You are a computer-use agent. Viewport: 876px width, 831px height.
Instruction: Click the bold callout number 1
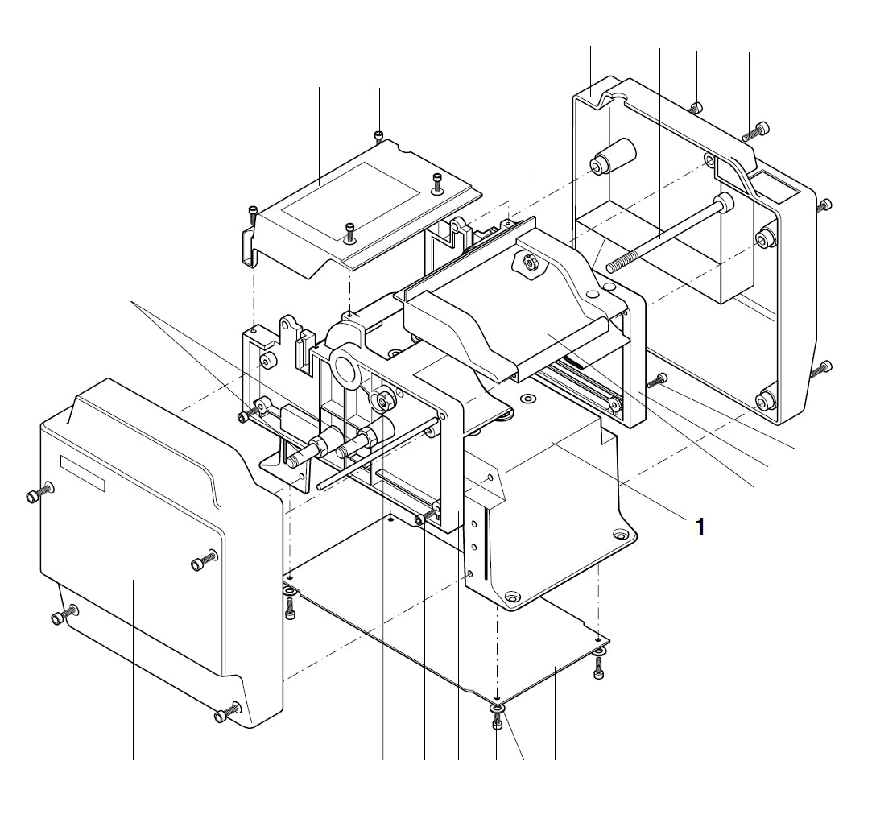click(700, 527)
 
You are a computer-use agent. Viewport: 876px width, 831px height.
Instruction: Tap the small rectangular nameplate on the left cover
click(83, 473)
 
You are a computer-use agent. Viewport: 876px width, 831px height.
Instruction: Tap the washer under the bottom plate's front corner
click(498, 708)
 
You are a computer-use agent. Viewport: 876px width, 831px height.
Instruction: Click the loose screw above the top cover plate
click(379, 135)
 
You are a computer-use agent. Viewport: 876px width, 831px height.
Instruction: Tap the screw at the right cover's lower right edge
click(825, 369)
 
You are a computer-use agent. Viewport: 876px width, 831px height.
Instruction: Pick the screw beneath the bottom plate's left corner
click(290, 608)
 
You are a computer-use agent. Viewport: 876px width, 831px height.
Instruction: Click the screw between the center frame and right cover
click(657, 380)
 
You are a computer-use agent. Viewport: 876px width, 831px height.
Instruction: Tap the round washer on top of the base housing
click(528, 399)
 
